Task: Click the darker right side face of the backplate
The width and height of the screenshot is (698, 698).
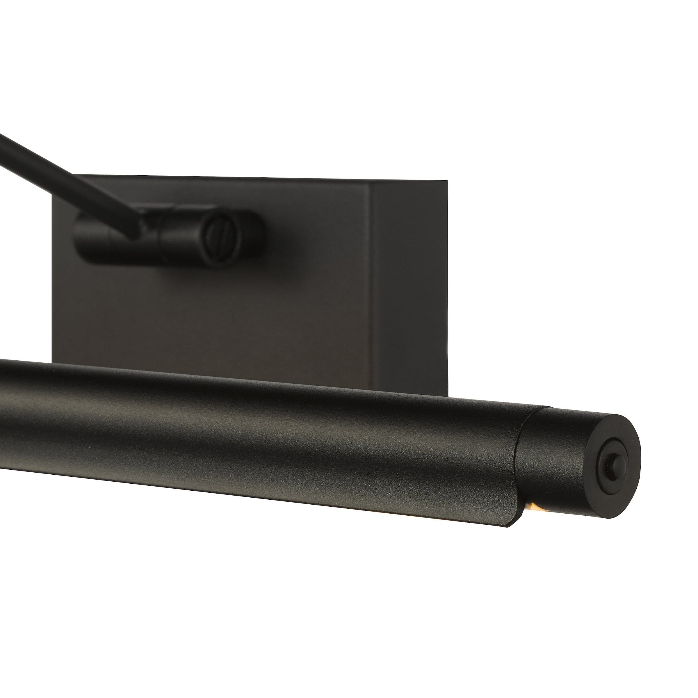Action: click(x=412, y=289)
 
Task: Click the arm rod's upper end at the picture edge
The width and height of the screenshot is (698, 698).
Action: click(x=3, y=137)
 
